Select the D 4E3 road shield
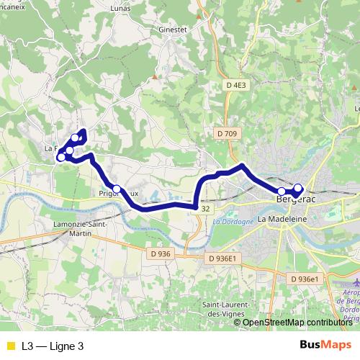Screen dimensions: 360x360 tap(235, 85)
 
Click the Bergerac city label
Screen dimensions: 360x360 tap(297, 195)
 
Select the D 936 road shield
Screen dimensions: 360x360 tap(161, 253)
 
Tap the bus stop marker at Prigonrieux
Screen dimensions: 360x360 tap(116, 189)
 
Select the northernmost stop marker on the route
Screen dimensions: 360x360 tap(76, 138)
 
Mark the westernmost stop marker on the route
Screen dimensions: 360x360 tap(60, 156)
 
